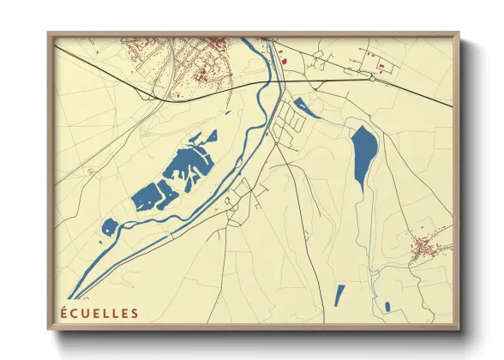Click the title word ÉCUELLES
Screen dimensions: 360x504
click(98, 313)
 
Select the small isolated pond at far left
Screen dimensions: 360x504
click(109, 226)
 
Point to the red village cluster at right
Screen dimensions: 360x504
click(424, 249)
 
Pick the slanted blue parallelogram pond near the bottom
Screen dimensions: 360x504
click(339, 295)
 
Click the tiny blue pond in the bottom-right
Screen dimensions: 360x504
click(387, 306)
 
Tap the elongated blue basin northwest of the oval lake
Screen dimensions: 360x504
click(306, 108)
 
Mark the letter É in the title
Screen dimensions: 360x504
click(63, 313)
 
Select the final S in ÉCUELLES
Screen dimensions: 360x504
click(134, 313)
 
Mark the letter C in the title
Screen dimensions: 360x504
click(73, 313)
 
